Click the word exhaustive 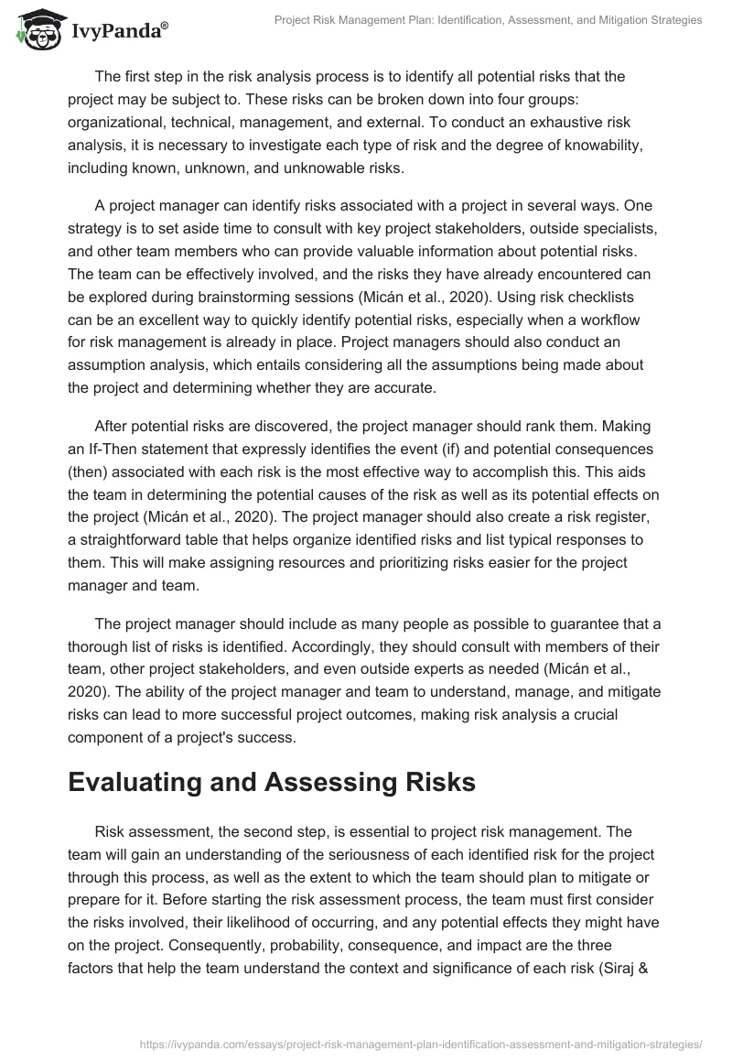[533, 122]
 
